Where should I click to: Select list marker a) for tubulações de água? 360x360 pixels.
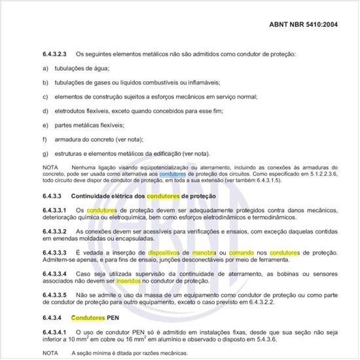click(45, 68)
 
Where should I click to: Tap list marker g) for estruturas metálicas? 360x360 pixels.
click(45, 153)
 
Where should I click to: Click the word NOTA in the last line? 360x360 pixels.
click(50, 353)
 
